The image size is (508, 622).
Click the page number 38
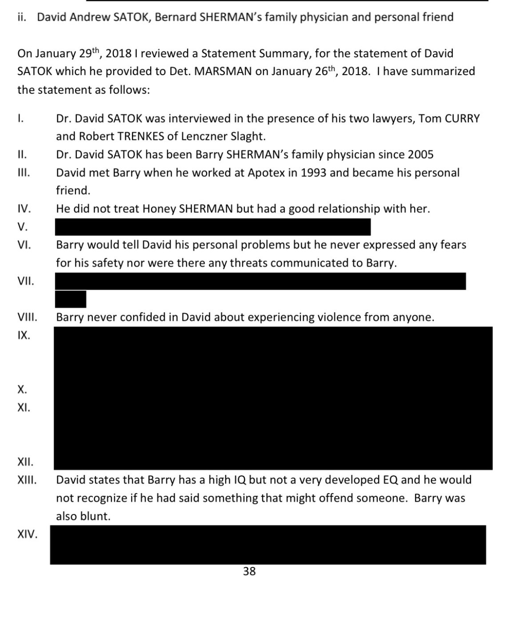(249, 571)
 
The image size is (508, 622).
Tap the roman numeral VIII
(27, 317)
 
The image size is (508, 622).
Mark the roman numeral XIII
(27, 480)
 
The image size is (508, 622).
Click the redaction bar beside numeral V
(212, 227)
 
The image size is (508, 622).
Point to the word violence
(339, 317)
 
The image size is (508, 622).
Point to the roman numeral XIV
(27, 534)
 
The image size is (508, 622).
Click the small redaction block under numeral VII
(70, 299)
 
